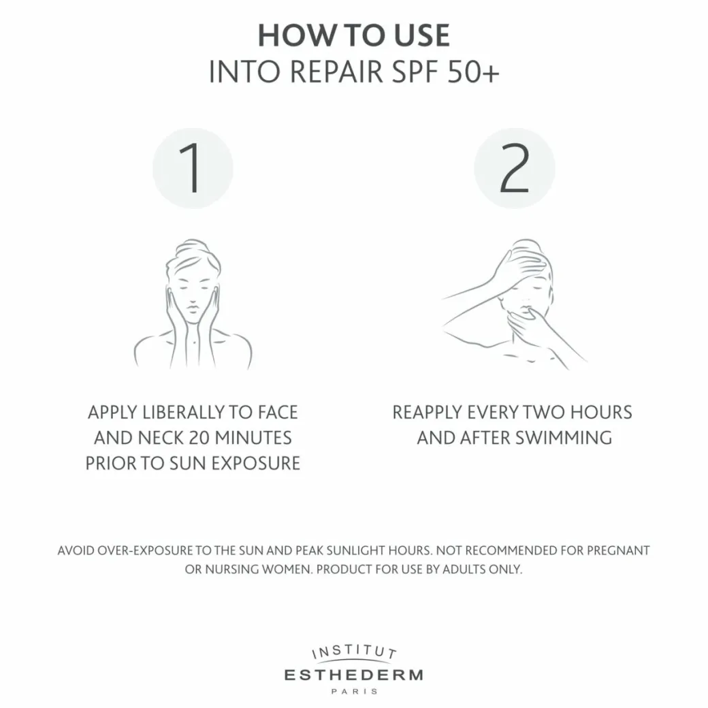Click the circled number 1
193,168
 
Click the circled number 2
514,168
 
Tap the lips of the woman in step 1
193,309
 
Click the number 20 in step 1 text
199,438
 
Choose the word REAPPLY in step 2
427,413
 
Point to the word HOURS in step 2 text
601,413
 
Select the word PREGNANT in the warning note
618,551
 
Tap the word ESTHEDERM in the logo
354,675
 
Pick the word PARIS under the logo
355,691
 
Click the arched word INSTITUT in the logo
355,651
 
